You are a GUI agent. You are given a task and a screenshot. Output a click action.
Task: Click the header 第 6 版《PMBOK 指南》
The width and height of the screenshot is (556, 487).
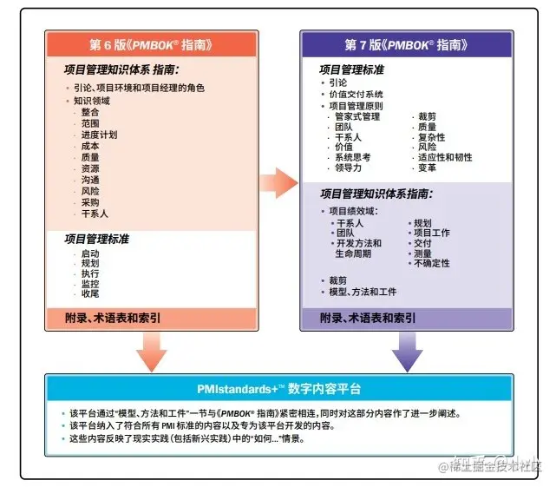(151, 44)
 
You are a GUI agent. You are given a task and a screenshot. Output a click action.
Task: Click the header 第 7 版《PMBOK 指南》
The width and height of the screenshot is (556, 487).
(405, 44)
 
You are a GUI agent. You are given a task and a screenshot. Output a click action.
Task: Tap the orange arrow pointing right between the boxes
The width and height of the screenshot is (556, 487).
(278, 181)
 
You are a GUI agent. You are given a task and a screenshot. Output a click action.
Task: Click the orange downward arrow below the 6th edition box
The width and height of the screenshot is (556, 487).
(151, 350)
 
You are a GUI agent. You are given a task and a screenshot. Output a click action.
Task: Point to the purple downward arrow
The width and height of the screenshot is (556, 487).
(407, 350)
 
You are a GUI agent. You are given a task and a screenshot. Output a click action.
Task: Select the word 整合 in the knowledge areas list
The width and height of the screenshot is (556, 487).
(90, 112)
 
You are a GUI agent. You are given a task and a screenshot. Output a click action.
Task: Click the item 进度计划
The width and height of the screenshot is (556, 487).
(99, 135)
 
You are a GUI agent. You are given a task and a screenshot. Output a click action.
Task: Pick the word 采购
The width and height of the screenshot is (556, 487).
(90, 201)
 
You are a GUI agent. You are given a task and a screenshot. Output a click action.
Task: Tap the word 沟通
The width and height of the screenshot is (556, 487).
(90, 180)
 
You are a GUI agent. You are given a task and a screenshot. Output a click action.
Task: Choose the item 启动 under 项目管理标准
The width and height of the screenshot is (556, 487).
(90, 253)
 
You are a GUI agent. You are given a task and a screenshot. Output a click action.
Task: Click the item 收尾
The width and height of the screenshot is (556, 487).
(90, 294)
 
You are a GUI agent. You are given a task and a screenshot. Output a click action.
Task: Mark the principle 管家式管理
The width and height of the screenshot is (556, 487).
(357, 116)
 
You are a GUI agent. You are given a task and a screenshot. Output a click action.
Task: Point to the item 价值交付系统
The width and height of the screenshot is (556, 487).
(356, 94)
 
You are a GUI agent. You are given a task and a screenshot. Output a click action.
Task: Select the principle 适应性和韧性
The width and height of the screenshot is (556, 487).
(445, 158)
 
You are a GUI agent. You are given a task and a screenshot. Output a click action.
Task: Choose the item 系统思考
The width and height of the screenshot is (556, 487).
(353, 158)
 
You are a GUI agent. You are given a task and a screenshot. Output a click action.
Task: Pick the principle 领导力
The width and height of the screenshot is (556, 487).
(349, 168)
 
